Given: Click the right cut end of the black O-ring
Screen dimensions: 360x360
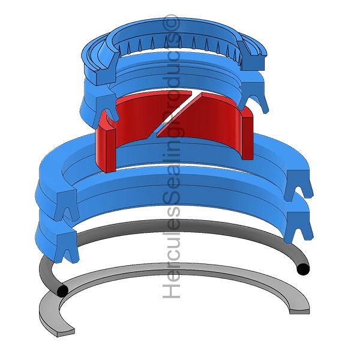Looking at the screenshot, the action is pyautogui.click(x=303, y=269).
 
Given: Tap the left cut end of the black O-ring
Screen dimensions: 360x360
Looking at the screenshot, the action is pyautogui.click(x=62, y=291).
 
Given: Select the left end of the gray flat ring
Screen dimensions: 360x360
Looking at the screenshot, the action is pyautogui.click(x=65, y=332).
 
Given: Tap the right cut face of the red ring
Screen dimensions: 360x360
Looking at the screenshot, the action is pyautogui.click(x=247, y=137).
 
